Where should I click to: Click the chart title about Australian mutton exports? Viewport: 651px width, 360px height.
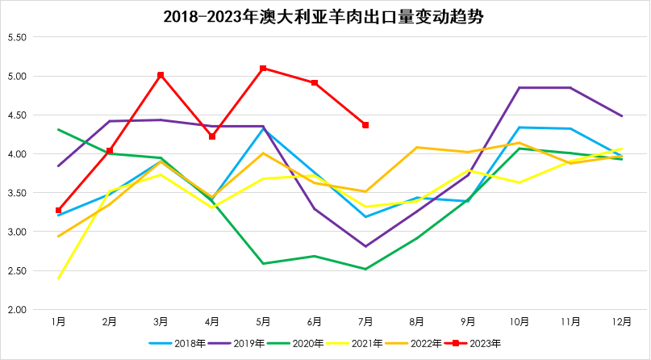(x=325, y=16)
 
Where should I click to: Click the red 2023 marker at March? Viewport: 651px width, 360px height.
(x=161, y=75)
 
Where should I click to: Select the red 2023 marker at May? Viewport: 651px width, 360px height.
(x=263, y=69)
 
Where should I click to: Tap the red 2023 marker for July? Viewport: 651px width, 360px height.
(x=365, y=125)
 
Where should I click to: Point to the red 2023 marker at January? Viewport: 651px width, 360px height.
(x=58, y=210)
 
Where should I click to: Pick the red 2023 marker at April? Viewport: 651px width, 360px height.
(x=212, y=136)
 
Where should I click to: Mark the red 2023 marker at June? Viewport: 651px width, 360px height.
(x=315, y=82)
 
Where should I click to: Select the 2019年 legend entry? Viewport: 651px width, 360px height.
(x=242, y=344)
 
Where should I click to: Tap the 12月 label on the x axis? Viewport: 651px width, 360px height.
(x=622, y=322)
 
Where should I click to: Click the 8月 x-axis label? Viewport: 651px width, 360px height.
(x=417, y=322)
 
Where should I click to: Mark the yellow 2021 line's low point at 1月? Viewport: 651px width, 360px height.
(x=58, y=278)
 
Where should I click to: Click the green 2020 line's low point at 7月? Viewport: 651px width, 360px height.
(x=365, y=269)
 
